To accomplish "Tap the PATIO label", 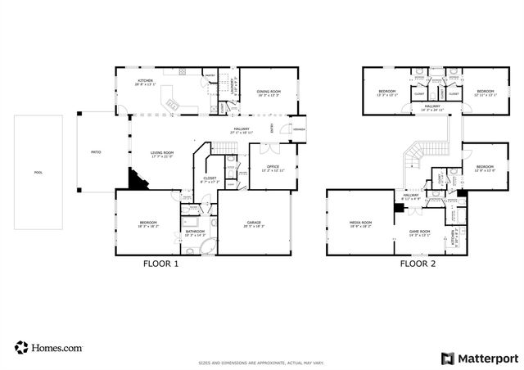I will click(x=95, y=152).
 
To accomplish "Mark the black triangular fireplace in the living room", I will click(x=138, y=180).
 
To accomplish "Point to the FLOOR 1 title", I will click(x=160, y=265).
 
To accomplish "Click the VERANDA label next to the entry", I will click(x=300, y=129).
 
